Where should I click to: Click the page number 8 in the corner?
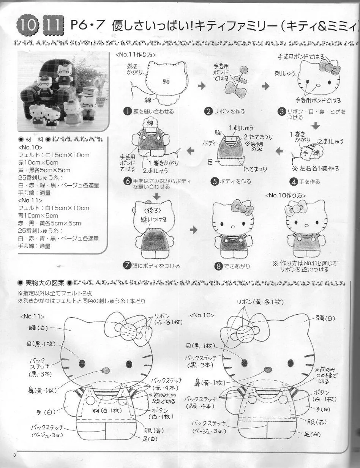pyautogui.click(x=14, y=455)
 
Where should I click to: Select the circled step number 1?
pyautogui.click(x=127, y=111)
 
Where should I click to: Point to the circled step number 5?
pyautogui.click(x=215, y=181)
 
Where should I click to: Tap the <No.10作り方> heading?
pyautogui.click(x=285, y=195)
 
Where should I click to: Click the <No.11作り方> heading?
pyautogui.click(x=136, y=55)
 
